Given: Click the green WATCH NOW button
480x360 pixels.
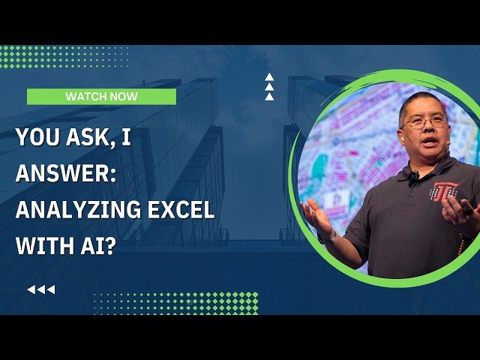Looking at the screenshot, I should [x=101, y=96].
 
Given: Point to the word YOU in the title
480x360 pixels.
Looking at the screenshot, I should [x=36, y=139].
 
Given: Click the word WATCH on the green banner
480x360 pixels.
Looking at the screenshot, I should [x=83, y=96].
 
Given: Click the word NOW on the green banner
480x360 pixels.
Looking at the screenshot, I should [x=123, y=96].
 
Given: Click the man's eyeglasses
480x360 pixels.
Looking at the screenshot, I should [x=424, y=121].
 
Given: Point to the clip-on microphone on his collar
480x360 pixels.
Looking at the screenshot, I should [x=412, y=177].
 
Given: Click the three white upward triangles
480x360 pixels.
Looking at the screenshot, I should [x=269, y=86].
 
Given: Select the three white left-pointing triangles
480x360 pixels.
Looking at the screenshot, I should [x=40, y=289].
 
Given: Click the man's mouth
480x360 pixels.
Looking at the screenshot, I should [x=428, y=142].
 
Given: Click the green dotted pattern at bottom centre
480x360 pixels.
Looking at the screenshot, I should [x=176, y=303].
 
